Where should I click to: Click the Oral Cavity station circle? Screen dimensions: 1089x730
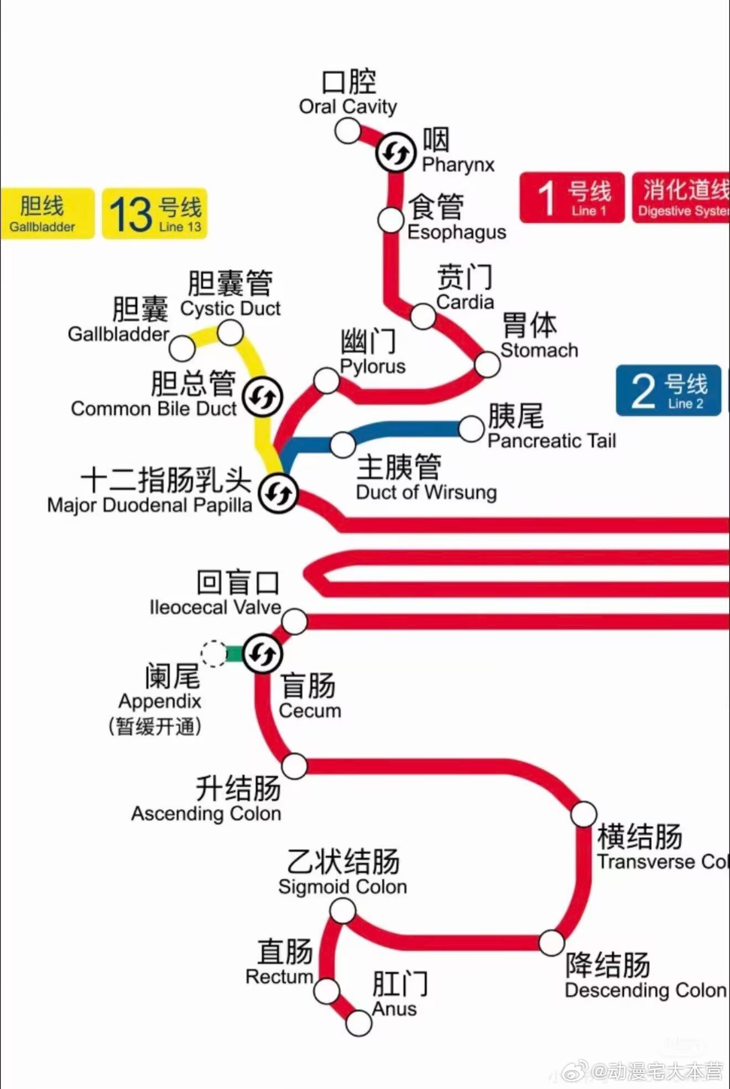(347, 131)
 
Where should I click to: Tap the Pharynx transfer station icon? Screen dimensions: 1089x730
(395, 152)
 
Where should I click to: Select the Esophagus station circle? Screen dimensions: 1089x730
(390, 220)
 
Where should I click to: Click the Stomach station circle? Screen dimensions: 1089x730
(487, 364)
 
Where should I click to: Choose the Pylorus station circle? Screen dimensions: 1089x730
(326, 381)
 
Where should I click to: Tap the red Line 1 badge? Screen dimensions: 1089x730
(572, 198)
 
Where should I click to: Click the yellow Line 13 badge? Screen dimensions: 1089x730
(155, 214)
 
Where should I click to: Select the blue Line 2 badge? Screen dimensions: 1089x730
(669, 391)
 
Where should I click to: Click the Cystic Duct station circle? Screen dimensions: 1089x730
(230, 333)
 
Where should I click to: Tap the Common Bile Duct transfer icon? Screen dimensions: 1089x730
(263, 397)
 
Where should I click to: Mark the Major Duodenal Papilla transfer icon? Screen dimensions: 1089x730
(279, 493)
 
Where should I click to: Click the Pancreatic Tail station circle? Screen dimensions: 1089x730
(471, 429)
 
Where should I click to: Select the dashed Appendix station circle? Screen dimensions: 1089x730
(213, 654)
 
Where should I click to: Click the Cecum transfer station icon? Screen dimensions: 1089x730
(263, 654)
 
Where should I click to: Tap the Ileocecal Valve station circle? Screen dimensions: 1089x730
(294, 621)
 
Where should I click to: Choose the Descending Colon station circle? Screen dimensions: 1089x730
(551, 943)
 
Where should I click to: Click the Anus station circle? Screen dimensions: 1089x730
(358, 1023)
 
